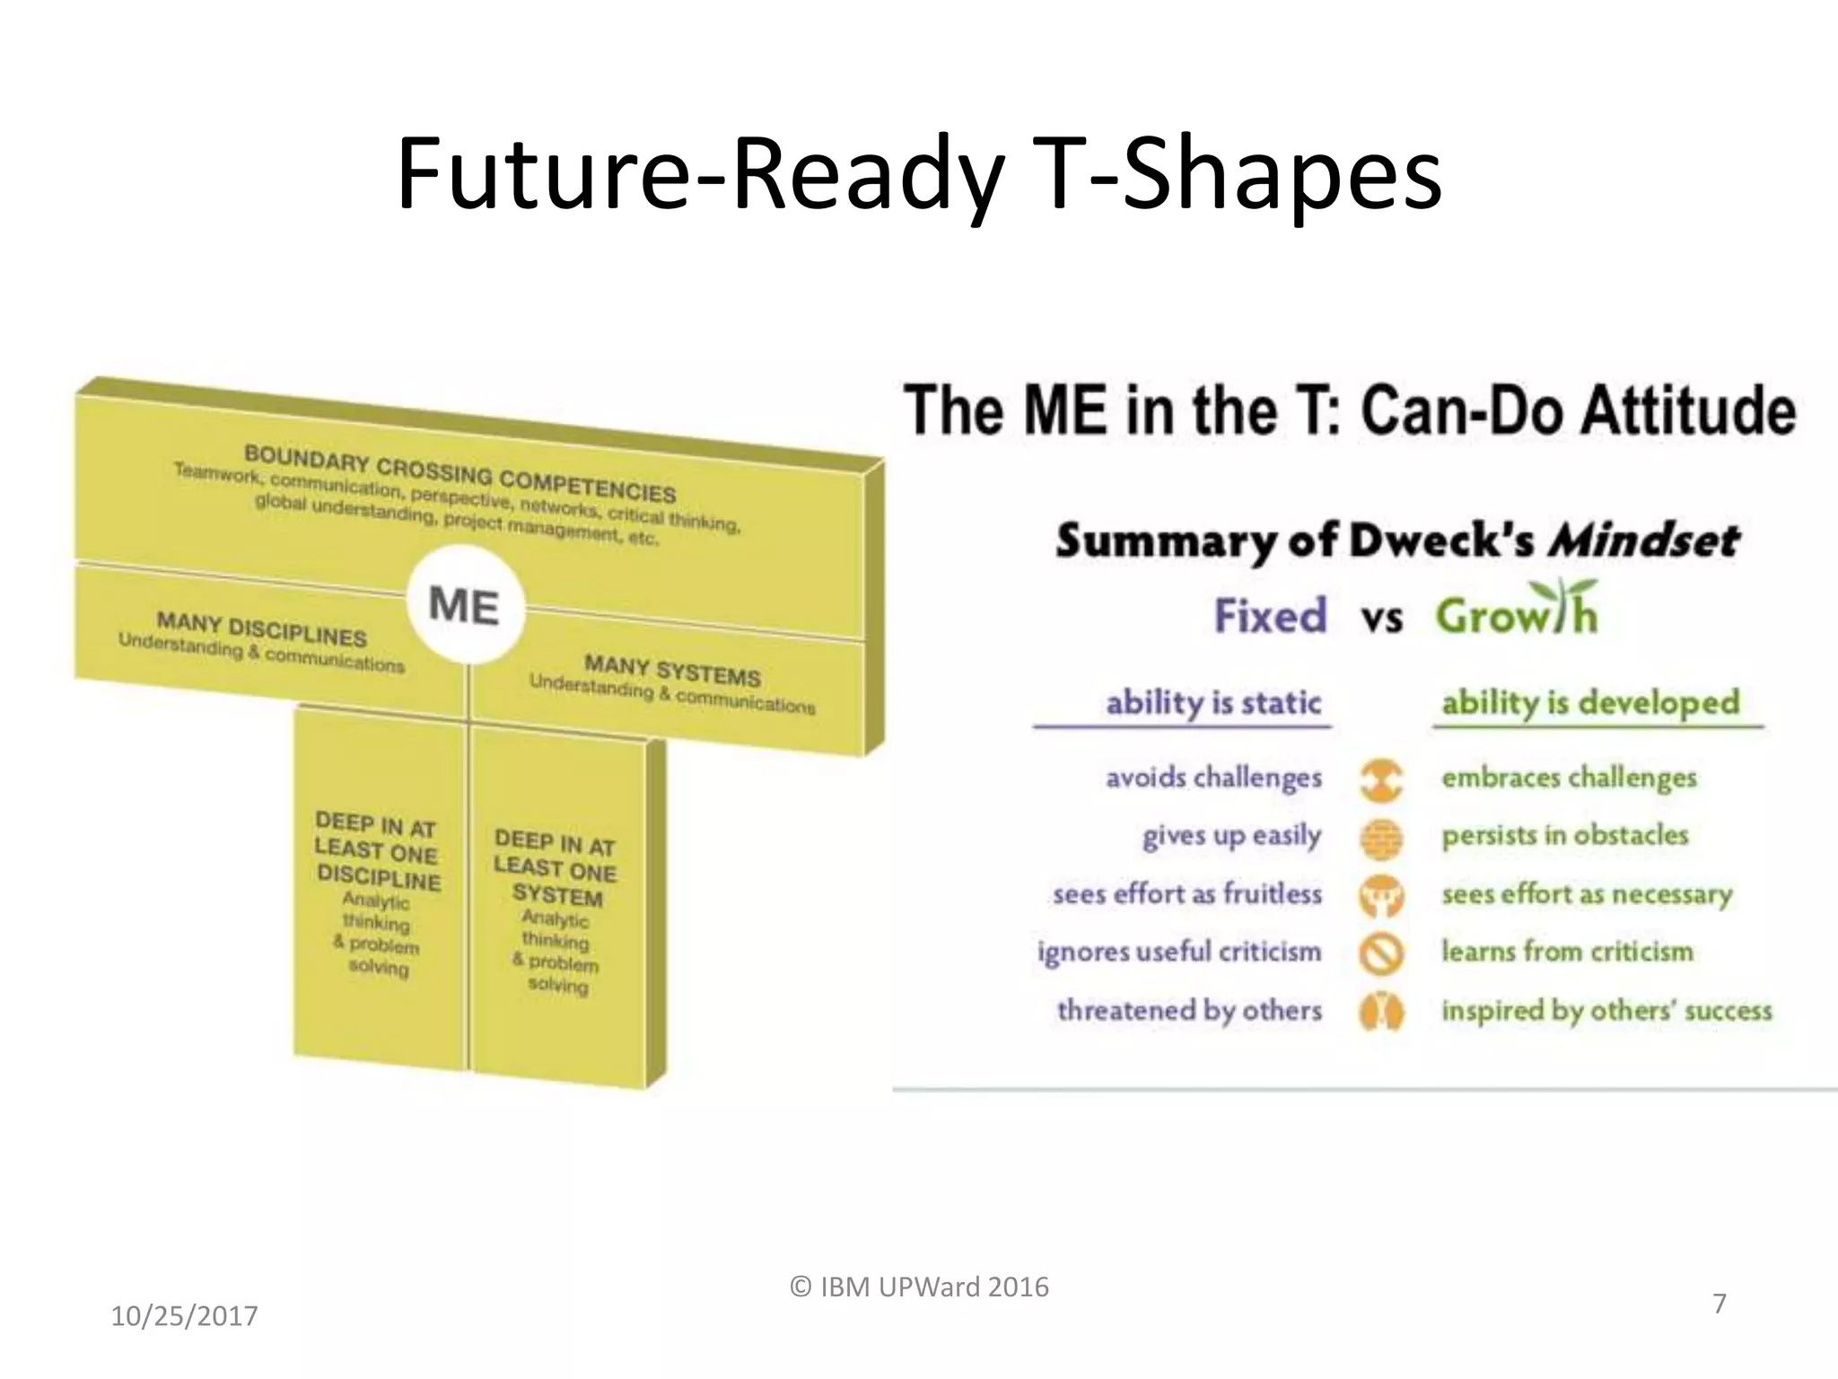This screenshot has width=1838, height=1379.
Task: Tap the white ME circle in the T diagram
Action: pyautogui.click(x=464, y=604)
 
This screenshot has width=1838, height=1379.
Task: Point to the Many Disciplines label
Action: pyautogui.click(x=261, y=629)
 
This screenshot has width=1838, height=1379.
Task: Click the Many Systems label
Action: pyautogui.click(x=672, y=671)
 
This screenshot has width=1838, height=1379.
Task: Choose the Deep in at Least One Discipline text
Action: pyautogui.click(x=377, y=850)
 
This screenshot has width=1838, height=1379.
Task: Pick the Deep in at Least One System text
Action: pyautogui.click(x=556, y=868)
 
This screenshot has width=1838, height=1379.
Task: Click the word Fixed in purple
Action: pyautogui.click(x=1270, y=616)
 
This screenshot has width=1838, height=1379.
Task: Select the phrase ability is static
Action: pyautogui.click(x=1213, y=701)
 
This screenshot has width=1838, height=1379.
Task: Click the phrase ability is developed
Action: pyautogui.click(x=1590, y=701)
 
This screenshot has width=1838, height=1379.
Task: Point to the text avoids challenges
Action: pyautogui.click(x=1213, y=777)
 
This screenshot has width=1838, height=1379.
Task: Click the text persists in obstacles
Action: pyautogui.click(x=1564, y=835)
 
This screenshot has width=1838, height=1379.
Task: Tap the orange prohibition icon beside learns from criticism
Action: pyautogui.click(x=1381, y=953)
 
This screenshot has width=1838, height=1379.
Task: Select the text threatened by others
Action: pyautogui.click(x=1189, y=1010)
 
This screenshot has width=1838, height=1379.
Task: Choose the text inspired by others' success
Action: pyautogui.click(x=1606, y=1010)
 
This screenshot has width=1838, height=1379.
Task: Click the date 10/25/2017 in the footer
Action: pyautogui.click(x=184, y=1316)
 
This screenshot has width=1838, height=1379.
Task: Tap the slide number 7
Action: pyautogui.click(x=1719, y=1303)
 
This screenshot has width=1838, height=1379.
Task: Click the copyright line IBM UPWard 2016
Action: pyautogui.click(x=919, y=1287)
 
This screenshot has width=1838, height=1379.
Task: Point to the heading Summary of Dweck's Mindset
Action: pyautogui.click(x=1396, y=540)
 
